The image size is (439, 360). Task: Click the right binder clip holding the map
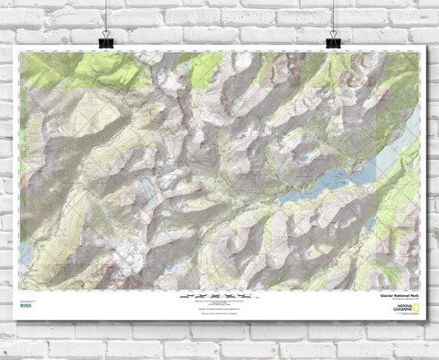pos(334,40)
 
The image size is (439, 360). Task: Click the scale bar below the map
pos(219,297)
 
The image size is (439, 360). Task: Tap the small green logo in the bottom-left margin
pos(24,302)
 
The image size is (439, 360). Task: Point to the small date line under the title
pos(391,300)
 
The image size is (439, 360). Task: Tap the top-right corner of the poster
pos(423,48)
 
